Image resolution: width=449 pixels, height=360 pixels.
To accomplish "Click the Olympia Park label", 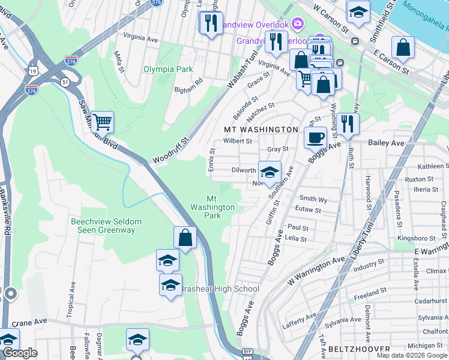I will (x=168, y=69).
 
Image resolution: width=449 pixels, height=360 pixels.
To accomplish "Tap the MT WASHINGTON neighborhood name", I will (x=261, y=130).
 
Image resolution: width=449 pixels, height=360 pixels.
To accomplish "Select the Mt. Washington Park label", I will (x=212, y=207).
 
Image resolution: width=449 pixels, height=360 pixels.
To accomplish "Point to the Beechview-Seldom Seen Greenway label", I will (x=106, y=226).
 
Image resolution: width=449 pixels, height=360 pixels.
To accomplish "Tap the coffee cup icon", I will (x=315, y=137).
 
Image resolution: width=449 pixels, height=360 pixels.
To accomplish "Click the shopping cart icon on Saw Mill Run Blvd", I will (x=103, y=122).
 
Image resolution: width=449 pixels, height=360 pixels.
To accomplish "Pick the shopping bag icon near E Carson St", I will (x=403, y=49).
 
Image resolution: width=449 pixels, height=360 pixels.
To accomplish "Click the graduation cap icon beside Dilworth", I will (x=270, y=172).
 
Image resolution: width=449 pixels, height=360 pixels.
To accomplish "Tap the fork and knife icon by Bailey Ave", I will (x=348, y=123).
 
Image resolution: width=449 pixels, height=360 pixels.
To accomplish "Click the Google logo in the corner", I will (x=19, y=353).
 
